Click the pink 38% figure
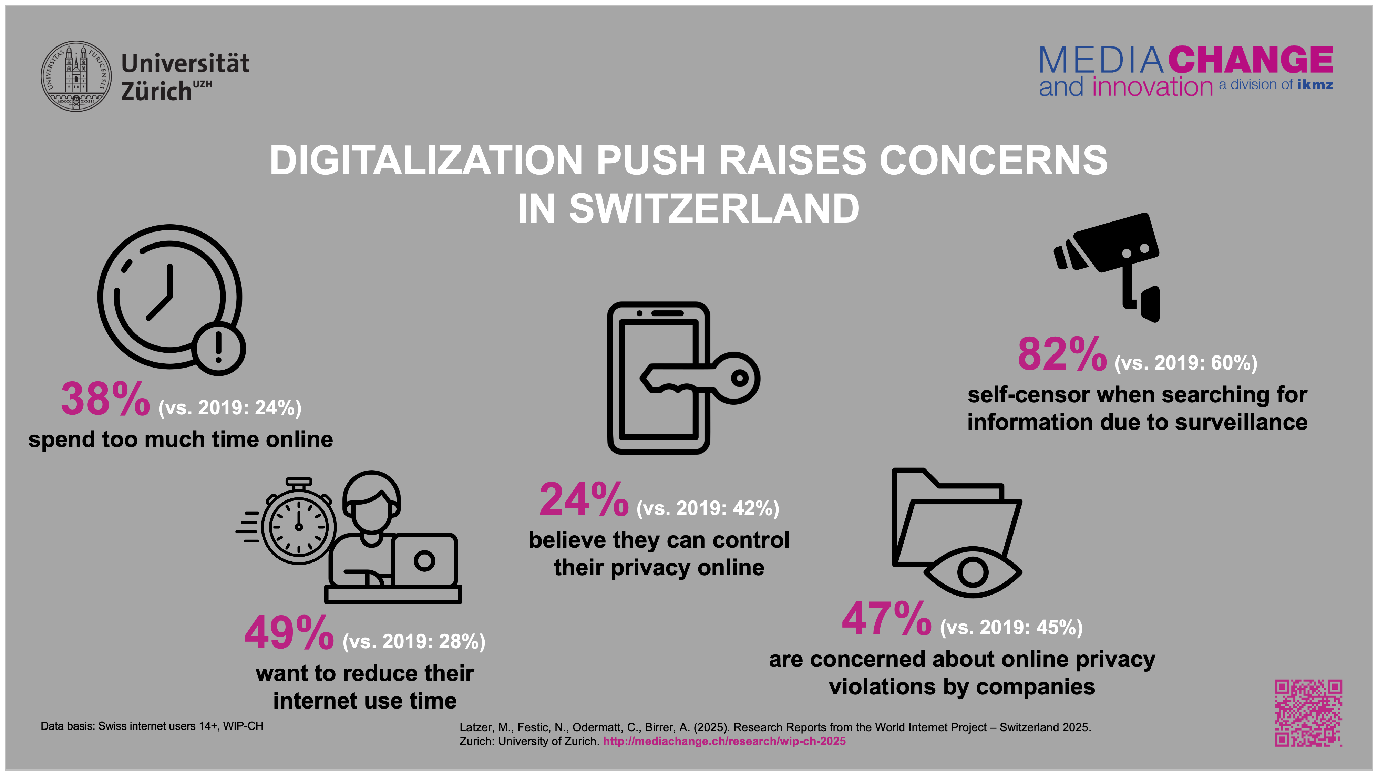point(105,400)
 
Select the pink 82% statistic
point(1062,355)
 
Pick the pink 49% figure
point(289,633)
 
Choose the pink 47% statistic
point(886,619)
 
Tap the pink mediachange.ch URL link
point(724,741)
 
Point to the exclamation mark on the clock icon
point(218,348)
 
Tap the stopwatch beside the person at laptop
point(298,524)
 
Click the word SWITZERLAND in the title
point(713,209)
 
